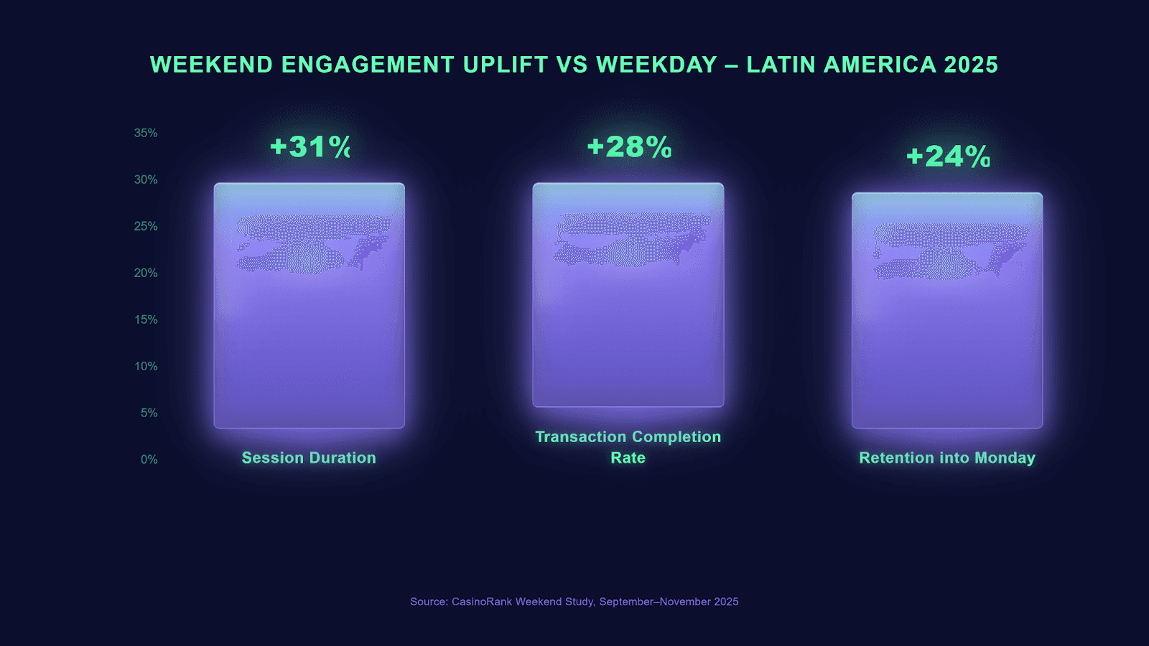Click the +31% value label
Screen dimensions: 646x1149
coord(310,147)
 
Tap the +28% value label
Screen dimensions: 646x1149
coord(629,147)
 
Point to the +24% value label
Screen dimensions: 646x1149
coord(948,156)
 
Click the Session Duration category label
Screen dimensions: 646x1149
coord(309,458)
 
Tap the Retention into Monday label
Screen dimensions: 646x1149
coord(947,458)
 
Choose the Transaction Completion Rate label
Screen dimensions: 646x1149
coord(628,446)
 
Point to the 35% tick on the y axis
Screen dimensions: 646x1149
coord(146,133)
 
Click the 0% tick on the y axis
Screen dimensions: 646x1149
coord(149,459)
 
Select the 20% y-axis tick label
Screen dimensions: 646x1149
coord(146,273)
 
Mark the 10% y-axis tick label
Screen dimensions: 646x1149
coord(146,366)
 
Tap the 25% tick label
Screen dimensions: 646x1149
coord(146,226)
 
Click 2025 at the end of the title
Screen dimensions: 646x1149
coord(971,65)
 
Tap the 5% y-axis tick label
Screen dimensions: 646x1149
coord(149,413)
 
